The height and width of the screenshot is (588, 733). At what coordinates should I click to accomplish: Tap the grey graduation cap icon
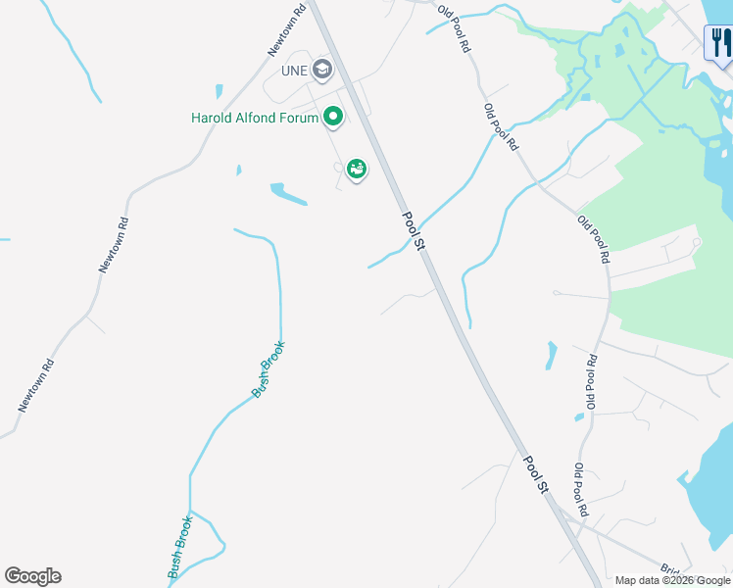(322, 70)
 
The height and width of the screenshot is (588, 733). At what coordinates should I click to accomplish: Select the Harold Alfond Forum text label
(255, 119)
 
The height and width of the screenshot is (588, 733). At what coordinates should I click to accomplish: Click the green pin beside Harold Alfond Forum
(333, 118)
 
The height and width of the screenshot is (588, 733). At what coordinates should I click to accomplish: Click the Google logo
(32, 576)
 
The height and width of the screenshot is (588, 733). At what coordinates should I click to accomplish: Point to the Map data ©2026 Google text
(673, 580)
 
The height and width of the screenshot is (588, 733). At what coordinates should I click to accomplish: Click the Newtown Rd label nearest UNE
(288, 28)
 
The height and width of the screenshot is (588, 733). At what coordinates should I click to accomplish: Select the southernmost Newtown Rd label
(35, 384)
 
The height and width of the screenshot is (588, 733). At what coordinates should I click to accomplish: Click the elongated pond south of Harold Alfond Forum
(289, 195)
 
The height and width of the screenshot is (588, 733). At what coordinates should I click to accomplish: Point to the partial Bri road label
(670, 569)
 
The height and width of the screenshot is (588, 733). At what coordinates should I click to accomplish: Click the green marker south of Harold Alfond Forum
(357, 171)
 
